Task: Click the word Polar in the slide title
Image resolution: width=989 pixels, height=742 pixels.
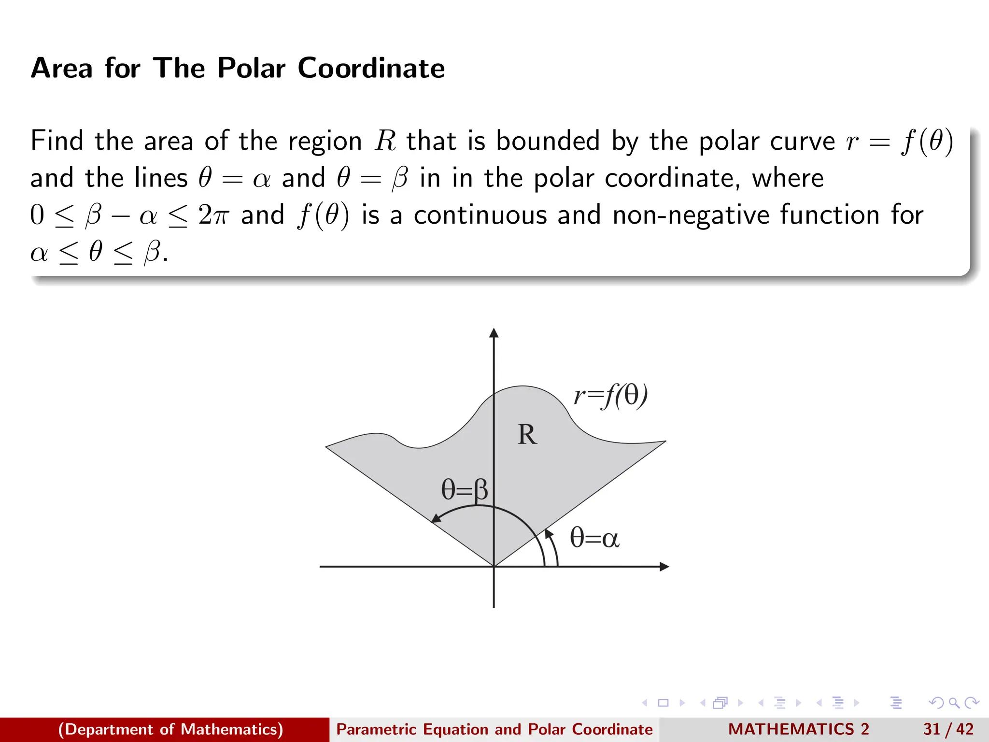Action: tap(251, 68)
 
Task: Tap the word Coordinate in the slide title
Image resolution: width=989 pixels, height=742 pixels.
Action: tap(371, 68)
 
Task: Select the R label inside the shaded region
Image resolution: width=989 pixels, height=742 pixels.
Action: tap(527, 434)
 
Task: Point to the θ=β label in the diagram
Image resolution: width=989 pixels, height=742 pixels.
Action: tap(465, 489)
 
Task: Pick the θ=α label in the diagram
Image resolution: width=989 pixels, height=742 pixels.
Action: tap(594, 538)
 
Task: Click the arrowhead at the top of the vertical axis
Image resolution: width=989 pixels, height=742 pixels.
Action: tap(494, 333)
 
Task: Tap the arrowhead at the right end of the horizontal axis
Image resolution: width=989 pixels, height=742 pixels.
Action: tap(664, 567)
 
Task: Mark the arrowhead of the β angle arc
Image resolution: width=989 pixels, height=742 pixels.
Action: tap(436, 518)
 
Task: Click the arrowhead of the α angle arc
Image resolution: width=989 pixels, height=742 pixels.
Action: tap(548, 534)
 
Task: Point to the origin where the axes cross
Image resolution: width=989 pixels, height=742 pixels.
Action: tap(494, 567)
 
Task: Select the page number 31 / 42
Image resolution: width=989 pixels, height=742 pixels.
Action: tap(948, 729)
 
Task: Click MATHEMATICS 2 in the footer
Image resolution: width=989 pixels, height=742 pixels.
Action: tap(799, 729)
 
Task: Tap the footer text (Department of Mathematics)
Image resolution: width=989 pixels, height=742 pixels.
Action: tap(170, 729)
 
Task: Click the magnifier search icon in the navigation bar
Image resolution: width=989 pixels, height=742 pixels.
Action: tap(954, 703)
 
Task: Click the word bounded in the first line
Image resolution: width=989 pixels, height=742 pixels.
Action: tap(548, 141)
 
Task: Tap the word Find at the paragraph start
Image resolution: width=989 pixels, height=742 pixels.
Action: tap(57, 141)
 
